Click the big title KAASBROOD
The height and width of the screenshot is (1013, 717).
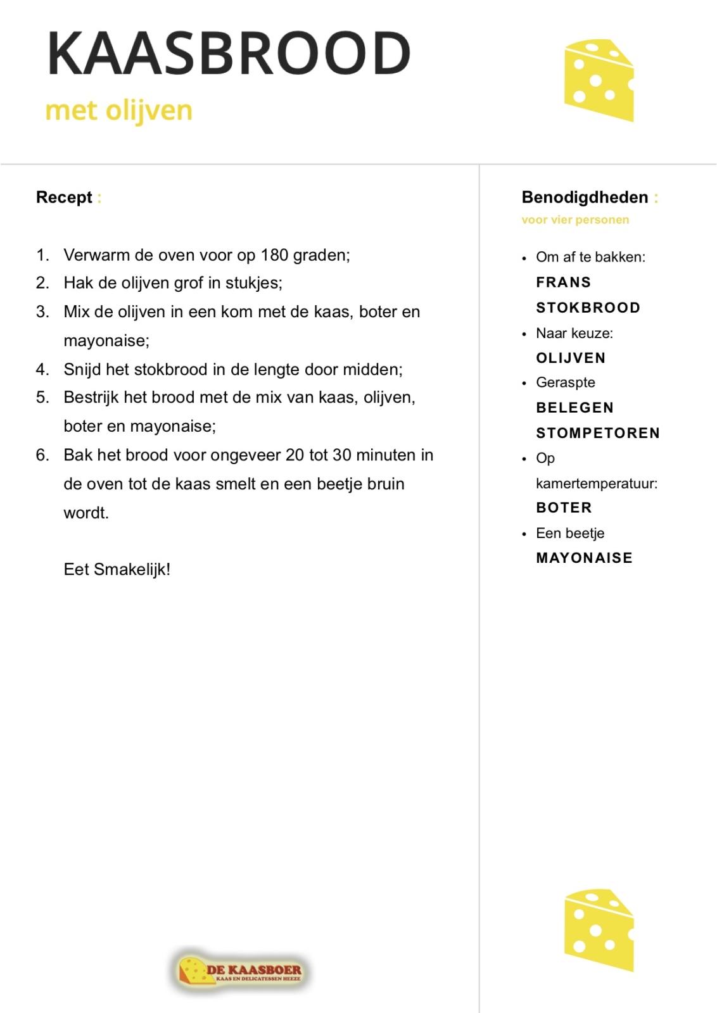(229, 53)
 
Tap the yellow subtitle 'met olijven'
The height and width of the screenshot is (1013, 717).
(118, 110)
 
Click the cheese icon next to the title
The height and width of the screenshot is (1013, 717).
(598, 80)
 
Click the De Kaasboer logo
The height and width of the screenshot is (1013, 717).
(240, 971)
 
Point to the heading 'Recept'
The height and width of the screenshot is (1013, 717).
(64, 198)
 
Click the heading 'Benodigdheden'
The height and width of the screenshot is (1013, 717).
(584, 198)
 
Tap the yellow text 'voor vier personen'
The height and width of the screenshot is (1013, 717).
(575, 220)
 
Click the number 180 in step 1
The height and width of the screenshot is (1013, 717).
(274, 255)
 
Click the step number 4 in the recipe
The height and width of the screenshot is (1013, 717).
(42, 369)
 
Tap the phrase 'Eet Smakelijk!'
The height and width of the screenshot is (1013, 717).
(117, 569)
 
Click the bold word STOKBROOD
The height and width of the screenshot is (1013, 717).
(588, 308)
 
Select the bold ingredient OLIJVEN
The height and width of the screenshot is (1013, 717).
(571, 358)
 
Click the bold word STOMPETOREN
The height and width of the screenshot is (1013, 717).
(598, 433)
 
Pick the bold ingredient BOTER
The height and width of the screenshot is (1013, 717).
(564, 508)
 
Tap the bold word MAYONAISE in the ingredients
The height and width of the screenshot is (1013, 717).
(584, 558)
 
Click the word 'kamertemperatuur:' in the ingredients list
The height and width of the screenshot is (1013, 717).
(597, 484)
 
